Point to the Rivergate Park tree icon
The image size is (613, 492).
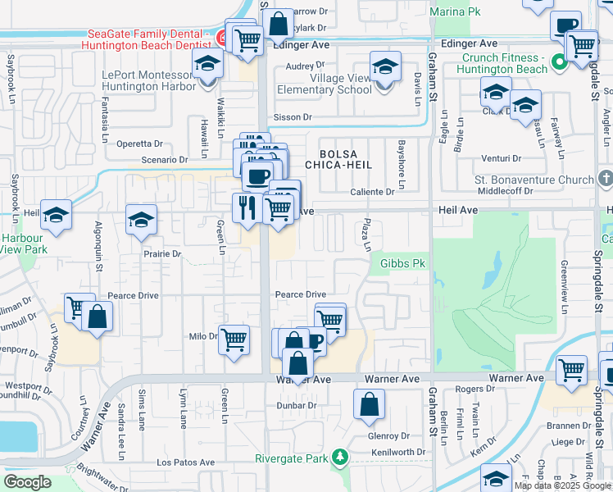pyautogui.click(x=338, y=458)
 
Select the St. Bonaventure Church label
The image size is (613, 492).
pyautogui.click(x=534, y=180)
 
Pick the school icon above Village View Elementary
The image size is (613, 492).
pyautogui.click(x=385, y=66)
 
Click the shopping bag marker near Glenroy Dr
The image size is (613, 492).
pyautogui.click(x=370, y=403)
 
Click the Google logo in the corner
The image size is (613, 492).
pyautogui.click(x=28, y=482)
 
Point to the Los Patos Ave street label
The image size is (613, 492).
pyautogui.click(x=185, y=462)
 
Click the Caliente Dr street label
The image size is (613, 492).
pyautogui.click(x=373, y=191)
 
